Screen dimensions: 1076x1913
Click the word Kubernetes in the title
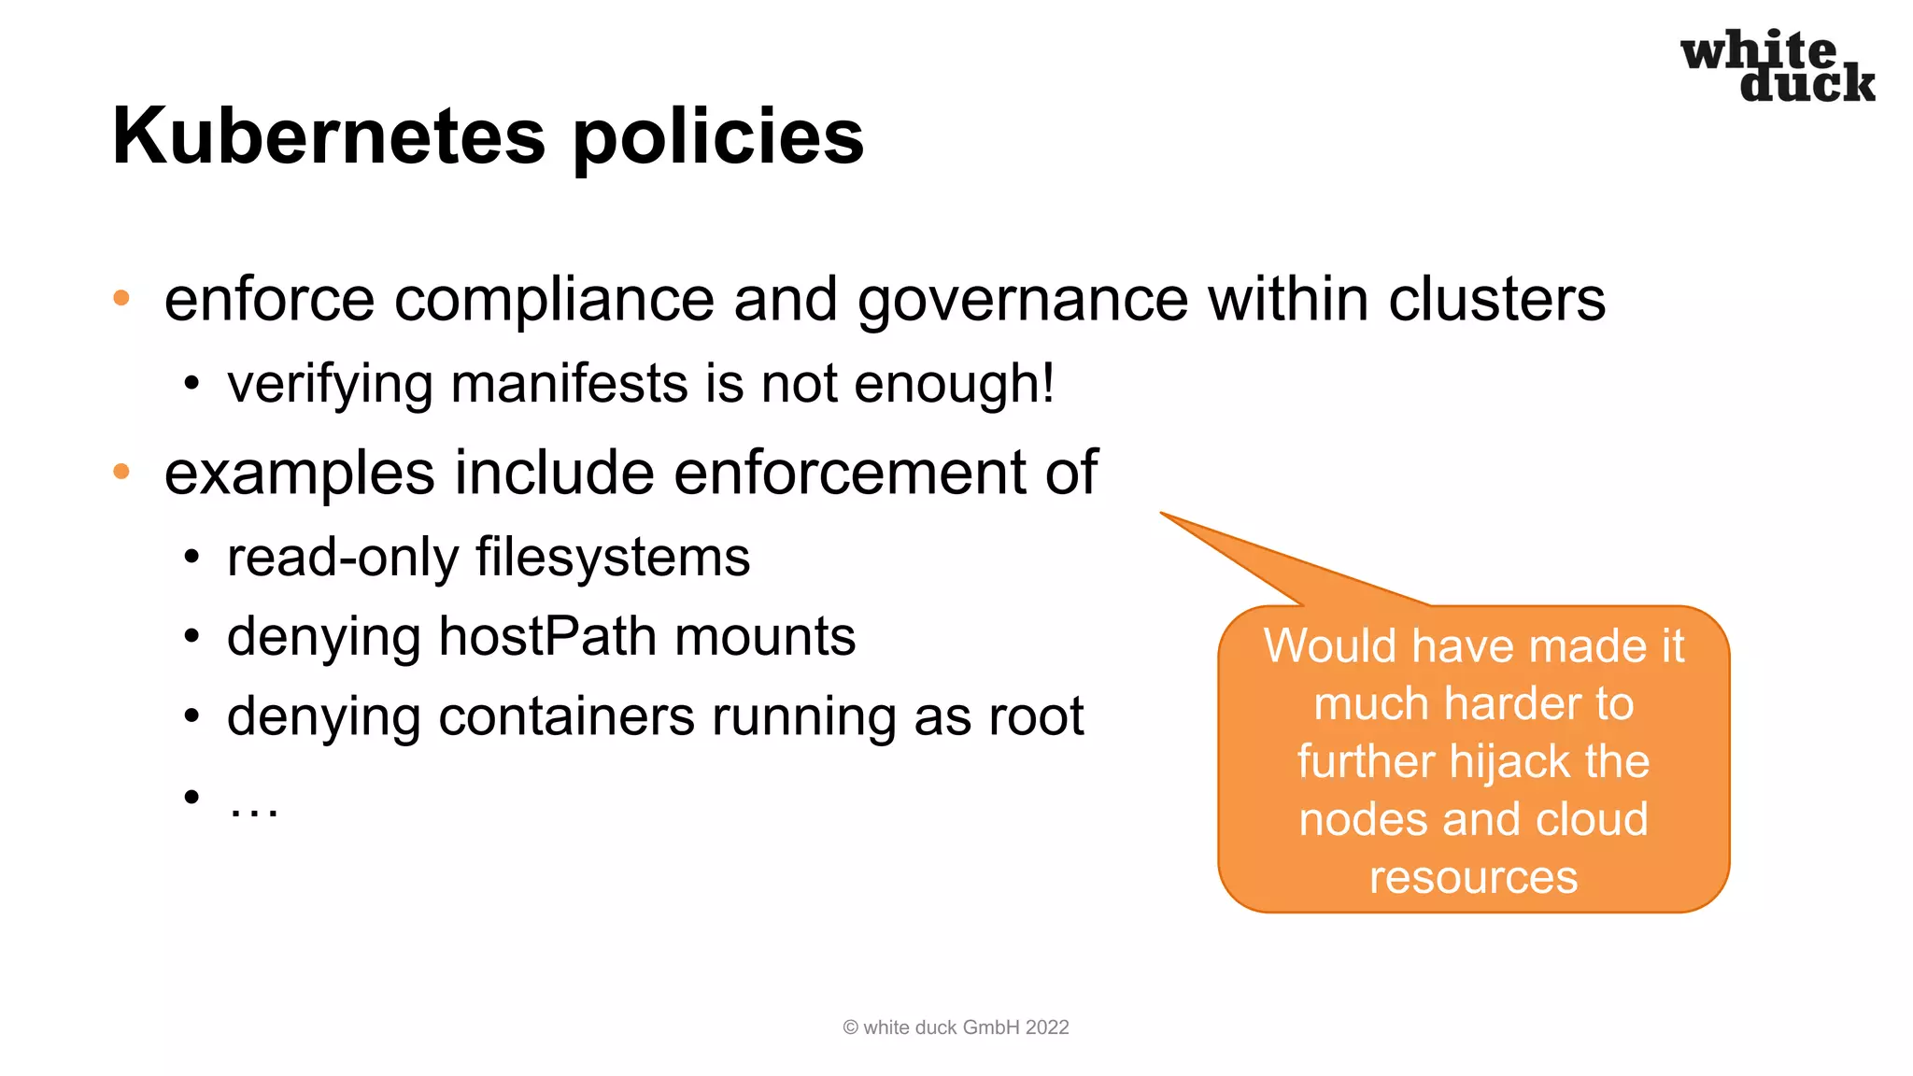[328, 136]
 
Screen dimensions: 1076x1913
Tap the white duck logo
[1778, 65]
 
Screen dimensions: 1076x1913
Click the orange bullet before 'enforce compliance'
[121, 298]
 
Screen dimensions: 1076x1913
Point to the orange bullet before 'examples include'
[121, 471]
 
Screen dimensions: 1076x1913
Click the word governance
[1022, 301]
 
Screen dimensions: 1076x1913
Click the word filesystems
[613, 558]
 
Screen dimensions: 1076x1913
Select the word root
[1036, 717]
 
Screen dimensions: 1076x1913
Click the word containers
[566, 717]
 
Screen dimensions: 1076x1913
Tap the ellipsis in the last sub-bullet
[253, 801]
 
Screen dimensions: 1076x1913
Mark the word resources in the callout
[1473, 877]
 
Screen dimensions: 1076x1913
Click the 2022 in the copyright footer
[1047, 1027]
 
